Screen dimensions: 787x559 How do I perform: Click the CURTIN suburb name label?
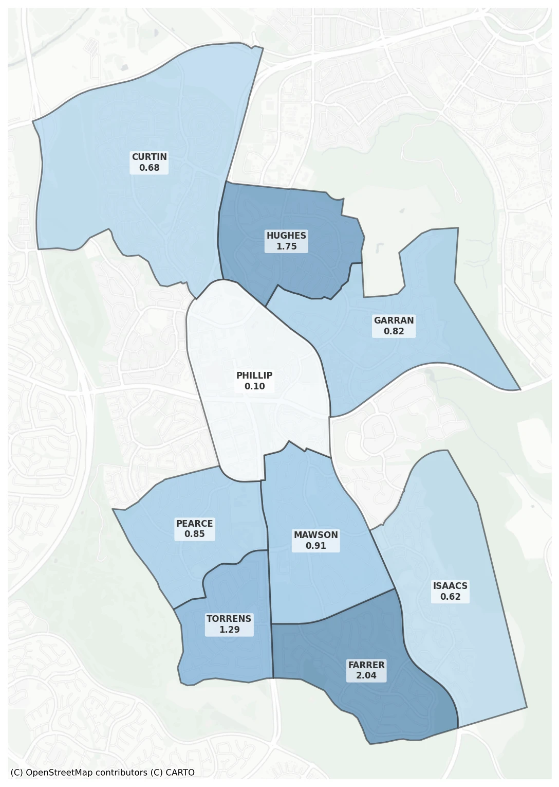click(x=149, y=157)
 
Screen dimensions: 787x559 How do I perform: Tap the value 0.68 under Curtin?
click(x=149, y=168)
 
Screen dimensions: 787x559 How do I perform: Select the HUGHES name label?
click(x=286, y=236)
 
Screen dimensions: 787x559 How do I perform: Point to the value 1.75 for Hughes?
click(x=286, y=246)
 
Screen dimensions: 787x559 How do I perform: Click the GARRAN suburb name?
click(x=394, y=320)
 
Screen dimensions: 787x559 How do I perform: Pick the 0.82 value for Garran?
click(x=394, y=331)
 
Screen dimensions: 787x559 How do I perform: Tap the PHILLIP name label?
click(x=254, y=375)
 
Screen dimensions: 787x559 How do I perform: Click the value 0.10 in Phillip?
click(x=254, y=386)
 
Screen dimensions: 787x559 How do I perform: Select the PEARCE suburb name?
click(x=194, y=524)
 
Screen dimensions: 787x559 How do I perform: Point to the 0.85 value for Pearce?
click(x=194, y=534)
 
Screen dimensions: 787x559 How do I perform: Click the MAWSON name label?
click(x=315, y=535)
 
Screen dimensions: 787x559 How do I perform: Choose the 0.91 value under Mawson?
click(x=315, y=546)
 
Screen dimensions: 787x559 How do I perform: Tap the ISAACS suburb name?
click(x=450, y=586)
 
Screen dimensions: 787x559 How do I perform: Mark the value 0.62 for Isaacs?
click(x=450, y=597)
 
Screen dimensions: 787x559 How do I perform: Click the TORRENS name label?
click(x=229, y=619)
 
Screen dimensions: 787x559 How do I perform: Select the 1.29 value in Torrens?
click(x=229, y=630)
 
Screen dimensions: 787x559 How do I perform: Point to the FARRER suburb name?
click(x=366, y=665)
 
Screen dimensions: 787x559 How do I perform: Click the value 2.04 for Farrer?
click(x=366, y=675)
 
